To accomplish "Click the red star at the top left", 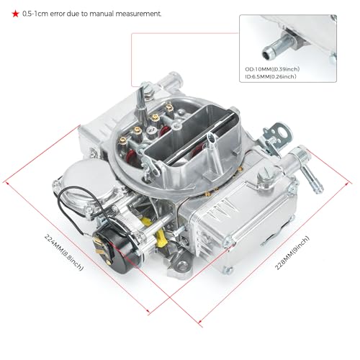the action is click(x=15, y=14).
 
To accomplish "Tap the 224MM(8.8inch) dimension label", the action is click(x=64, y=253).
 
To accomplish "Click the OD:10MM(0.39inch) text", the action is click(x=272, y=69).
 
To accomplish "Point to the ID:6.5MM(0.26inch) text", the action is click(x=271, y=76).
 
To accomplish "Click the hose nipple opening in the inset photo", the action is click(x=266, y=55).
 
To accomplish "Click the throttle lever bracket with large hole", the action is click(x=279, y=135).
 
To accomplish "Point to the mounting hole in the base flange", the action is click(x=182, y=266).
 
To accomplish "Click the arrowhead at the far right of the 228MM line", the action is click(x=348, y=184).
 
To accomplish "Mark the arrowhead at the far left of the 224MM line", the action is click(x=7, y=183).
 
